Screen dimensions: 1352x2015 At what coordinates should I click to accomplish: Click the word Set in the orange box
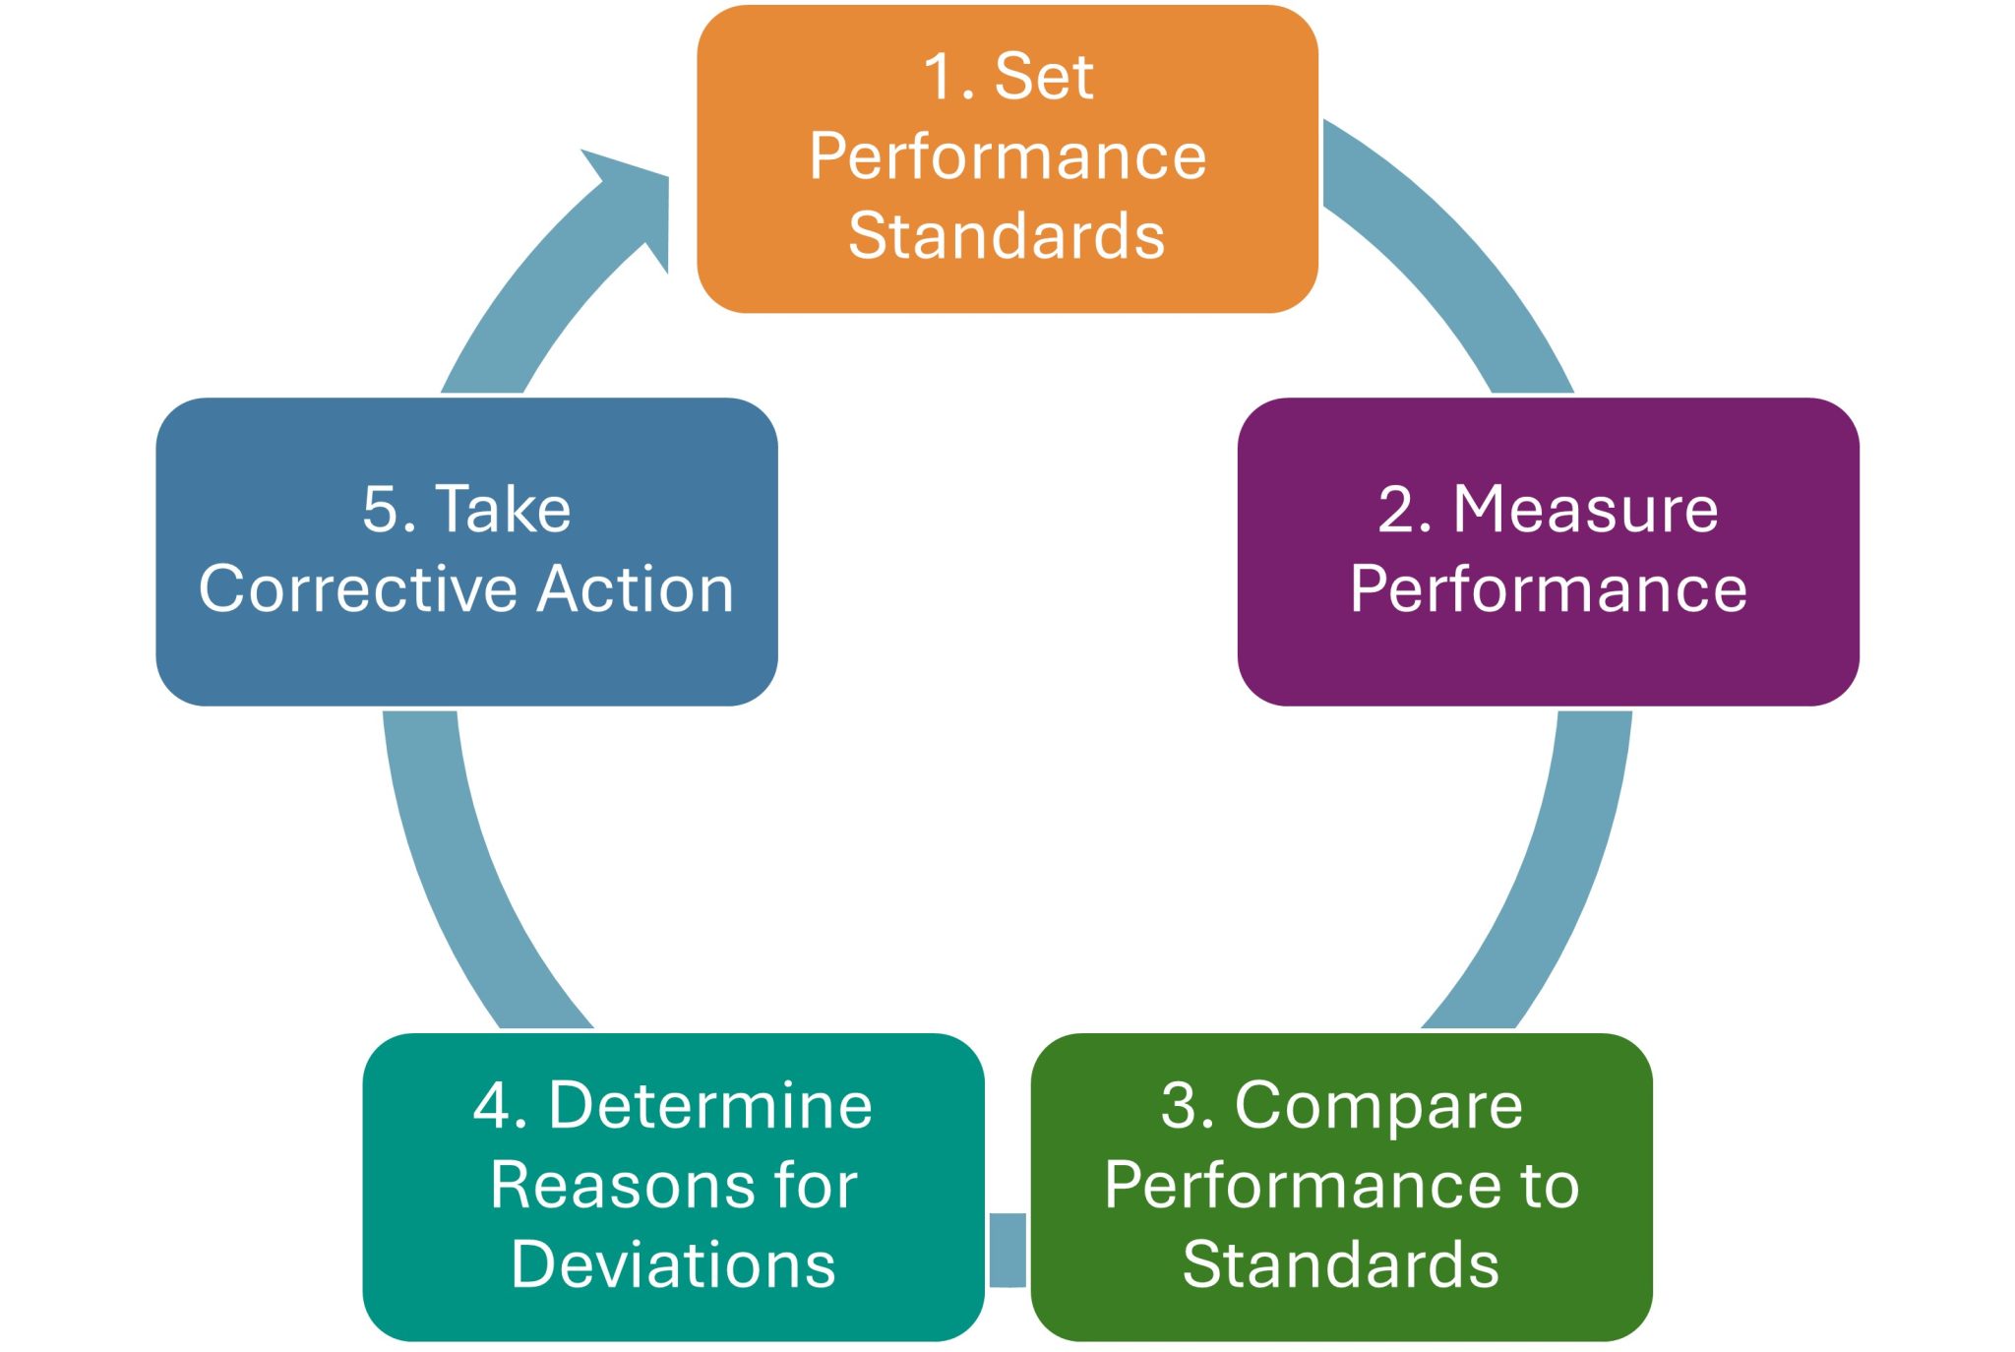(1044, 77)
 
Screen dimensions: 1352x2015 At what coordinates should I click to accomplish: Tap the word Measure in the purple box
(1586, 510)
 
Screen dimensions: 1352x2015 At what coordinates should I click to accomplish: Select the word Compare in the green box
(1378, 1106)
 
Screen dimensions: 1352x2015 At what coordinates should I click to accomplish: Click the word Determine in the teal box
(710, 1106)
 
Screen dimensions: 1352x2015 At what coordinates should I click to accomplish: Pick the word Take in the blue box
(504, 510)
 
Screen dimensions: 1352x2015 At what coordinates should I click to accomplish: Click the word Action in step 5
(637, 589)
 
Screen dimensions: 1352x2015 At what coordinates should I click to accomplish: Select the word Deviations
(674, 1265)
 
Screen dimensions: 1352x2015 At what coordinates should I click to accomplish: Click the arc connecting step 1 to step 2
(1456, 256)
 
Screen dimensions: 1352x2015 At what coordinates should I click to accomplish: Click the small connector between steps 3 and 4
(1007, 1250)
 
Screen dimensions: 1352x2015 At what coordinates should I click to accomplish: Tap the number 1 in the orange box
(938, 77)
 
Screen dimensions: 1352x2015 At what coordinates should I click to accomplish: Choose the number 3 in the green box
(1180, 1106)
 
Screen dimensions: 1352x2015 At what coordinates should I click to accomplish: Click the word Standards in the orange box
(1007, 237)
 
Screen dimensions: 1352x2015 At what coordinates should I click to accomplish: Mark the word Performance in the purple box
(1549, 589)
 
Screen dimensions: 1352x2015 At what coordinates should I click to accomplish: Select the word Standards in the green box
(1341, 1265)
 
